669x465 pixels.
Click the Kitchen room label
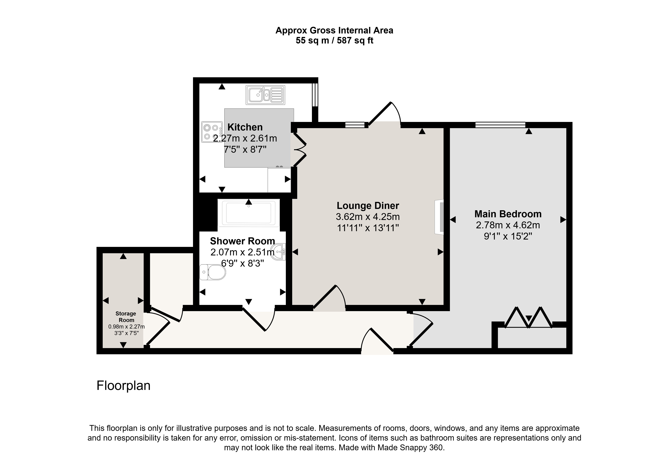click(x=245, y=127)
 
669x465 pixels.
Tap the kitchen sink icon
click(x=265, y=95)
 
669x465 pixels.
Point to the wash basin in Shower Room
click(x=279, y=252)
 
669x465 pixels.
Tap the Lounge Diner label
click(x=368, y=206)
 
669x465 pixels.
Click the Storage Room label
click(x=126, y=317)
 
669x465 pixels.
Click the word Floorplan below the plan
click(x=123, y=386)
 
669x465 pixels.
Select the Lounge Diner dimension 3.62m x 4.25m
click(x=368, y=217)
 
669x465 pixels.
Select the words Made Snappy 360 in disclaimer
click(x=410, y=448)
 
